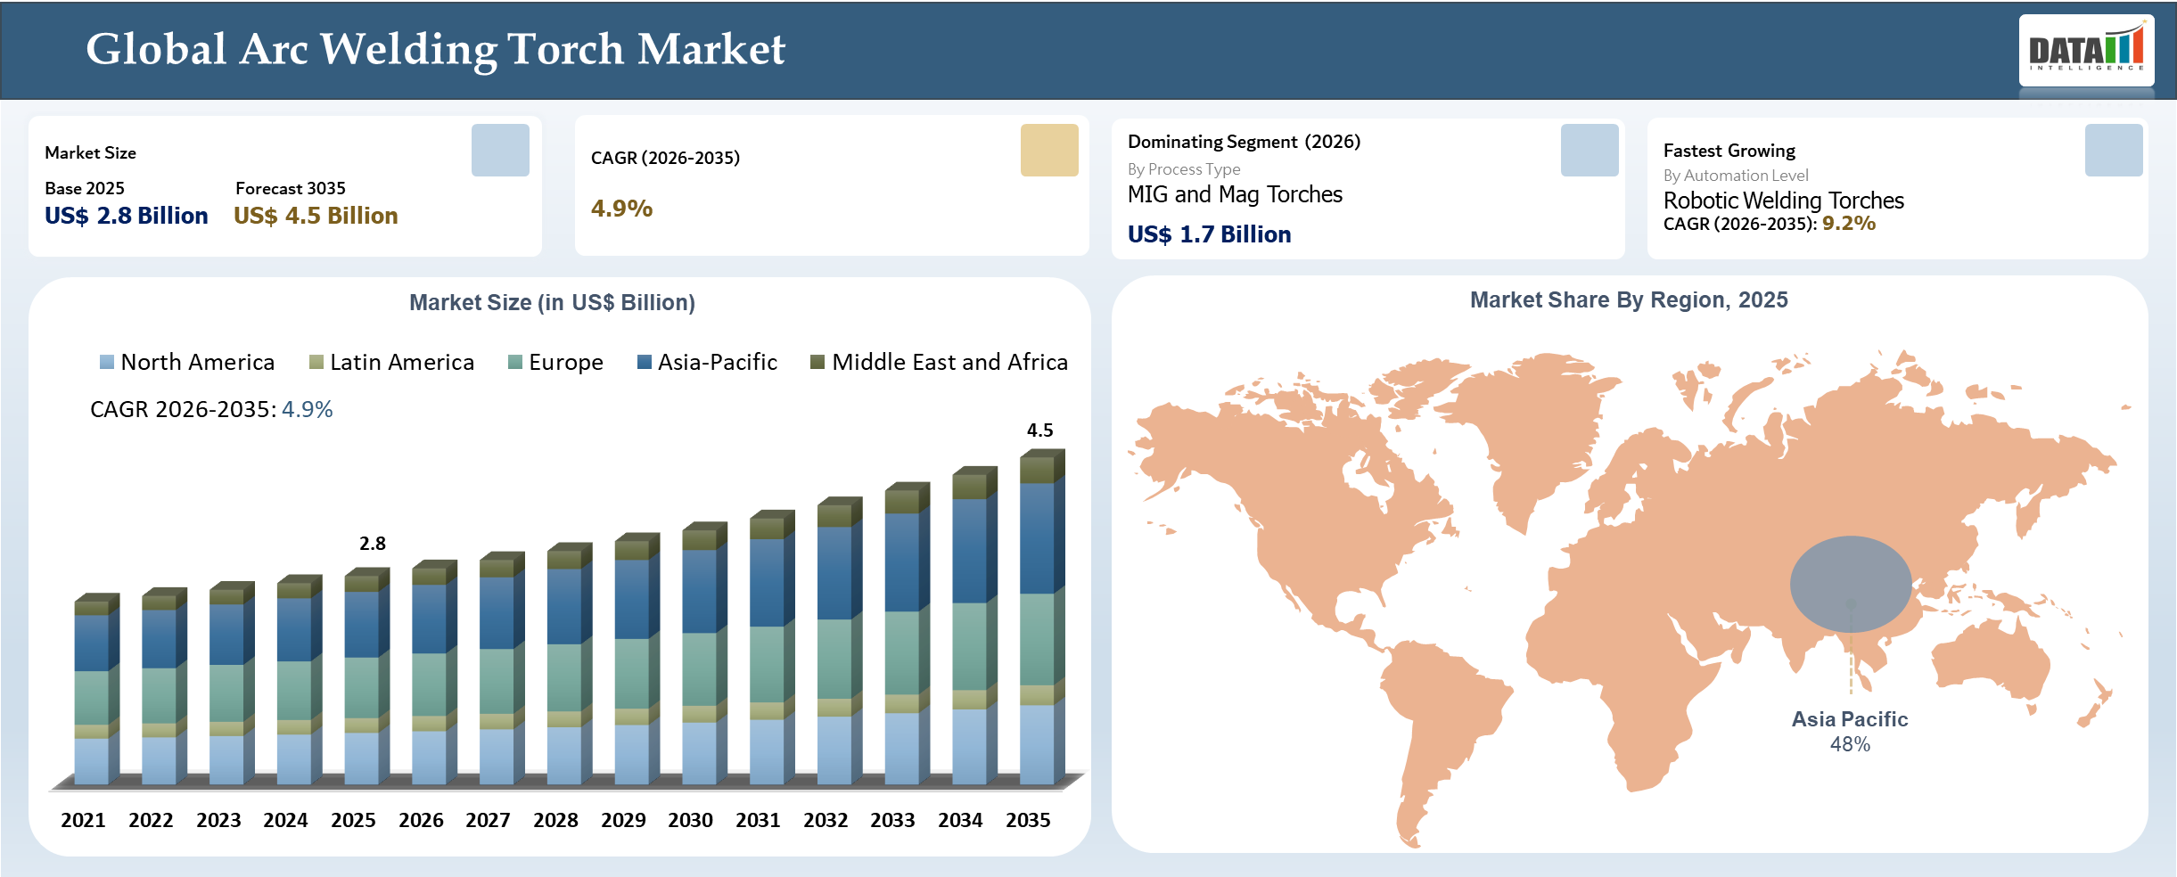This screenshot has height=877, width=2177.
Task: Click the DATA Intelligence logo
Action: [x=2086, y=50]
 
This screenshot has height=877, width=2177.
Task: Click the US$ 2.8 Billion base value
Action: [x=127, y=216]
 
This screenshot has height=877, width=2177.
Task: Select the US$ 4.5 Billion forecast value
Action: [x=316, y=216]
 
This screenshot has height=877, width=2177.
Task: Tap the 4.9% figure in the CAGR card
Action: [x=621, y=209]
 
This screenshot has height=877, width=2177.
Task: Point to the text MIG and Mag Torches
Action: [x=1235, y=194]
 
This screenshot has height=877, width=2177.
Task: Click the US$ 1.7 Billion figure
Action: [x=1209, y=234]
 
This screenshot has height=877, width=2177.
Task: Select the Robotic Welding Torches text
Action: [x=1783, y=201]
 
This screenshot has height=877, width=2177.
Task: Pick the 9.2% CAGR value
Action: [x=1849, y=223]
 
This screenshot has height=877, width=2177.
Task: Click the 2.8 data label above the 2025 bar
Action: [x=373, y=544]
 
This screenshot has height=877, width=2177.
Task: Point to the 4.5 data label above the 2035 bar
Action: [x=1040, y=430]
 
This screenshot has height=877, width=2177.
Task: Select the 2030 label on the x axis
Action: [x=690, y=820]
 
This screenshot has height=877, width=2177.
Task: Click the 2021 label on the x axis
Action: [x=83, y=820]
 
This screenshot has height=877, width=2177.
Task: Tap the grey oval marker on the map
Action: [x=1851, y=584]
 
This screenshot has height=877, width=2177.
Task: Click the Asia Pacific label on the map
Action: [x=1850, y=719]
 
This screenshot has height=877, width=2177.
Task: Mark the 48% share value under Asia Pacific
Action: [x=1850, y=744]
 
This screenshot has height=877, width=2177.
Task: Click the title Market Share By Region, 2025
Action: [x=1629, y=300]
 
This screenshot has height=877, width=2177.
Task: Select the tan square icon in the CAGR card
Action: [x=1049, y=150]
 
